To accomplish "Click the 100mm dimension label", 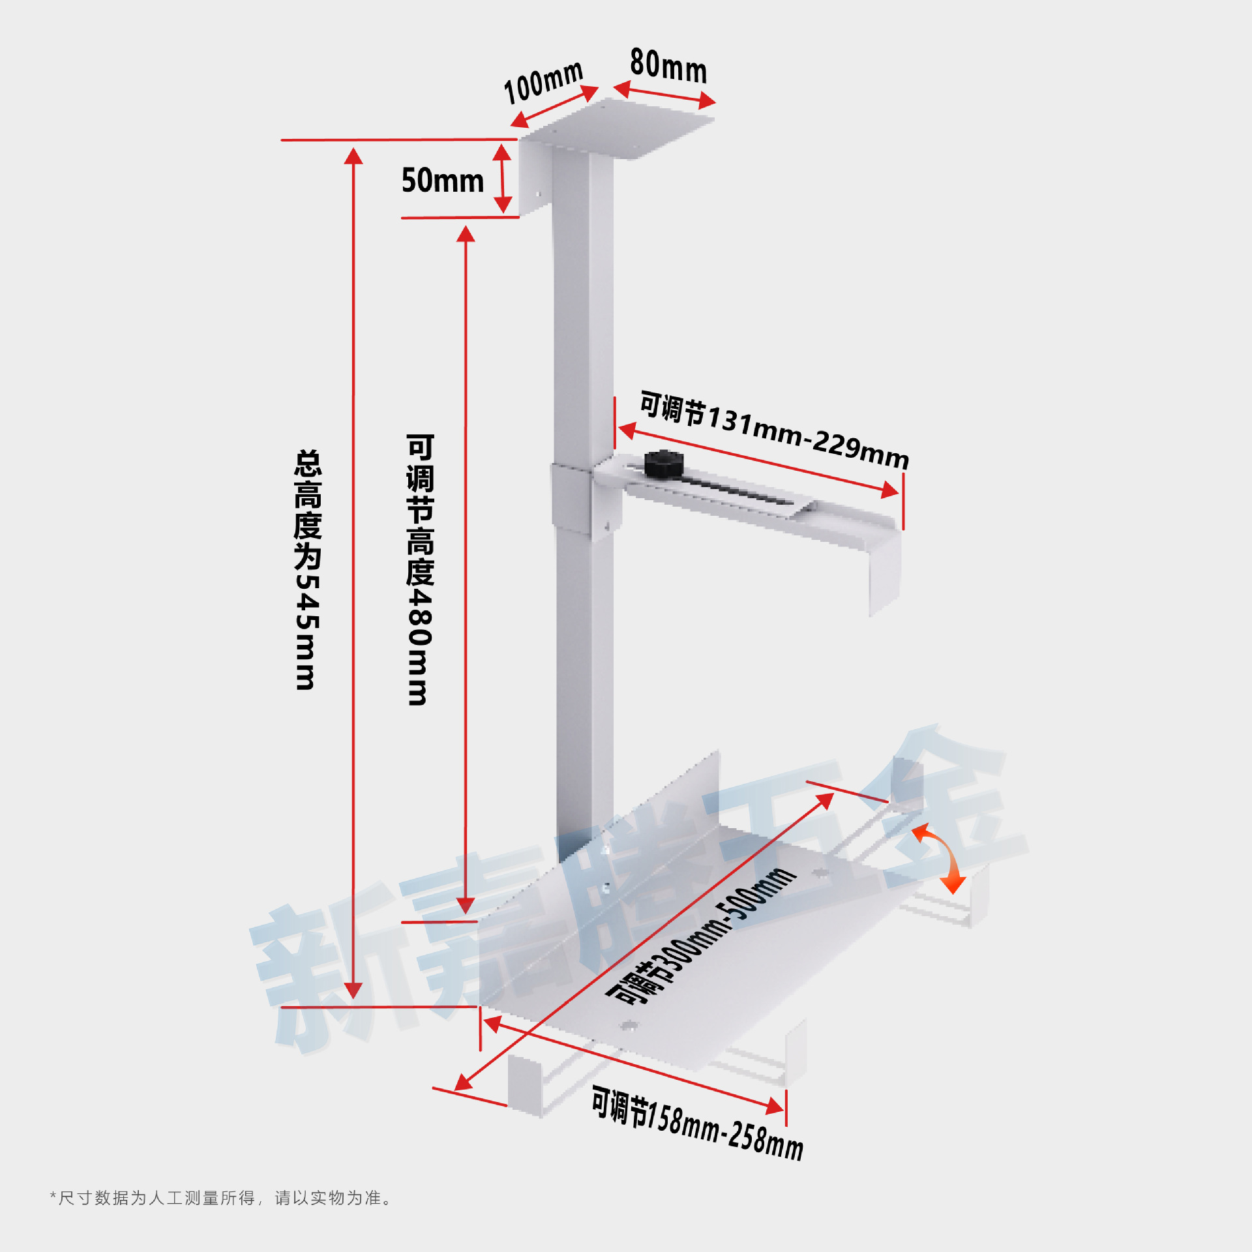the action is pyautogui.click(x=543, y=82).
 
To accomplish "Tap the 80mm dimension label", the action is pyautogui.click(x=668, y=66).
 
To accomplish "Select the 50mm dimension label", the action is pyautogui.click(x=442, y=181).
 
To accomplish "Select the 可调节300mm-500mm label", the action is pyautogui.click(x=702, y=936).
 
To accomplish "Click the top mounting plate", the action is pyautogui.click(x=619, y=127).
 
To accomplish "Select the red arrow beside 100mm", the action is pyautogui.click(x=554, y=106).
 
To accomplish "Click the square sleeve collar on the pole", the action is pyautogui.click(x=571, y=499).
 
